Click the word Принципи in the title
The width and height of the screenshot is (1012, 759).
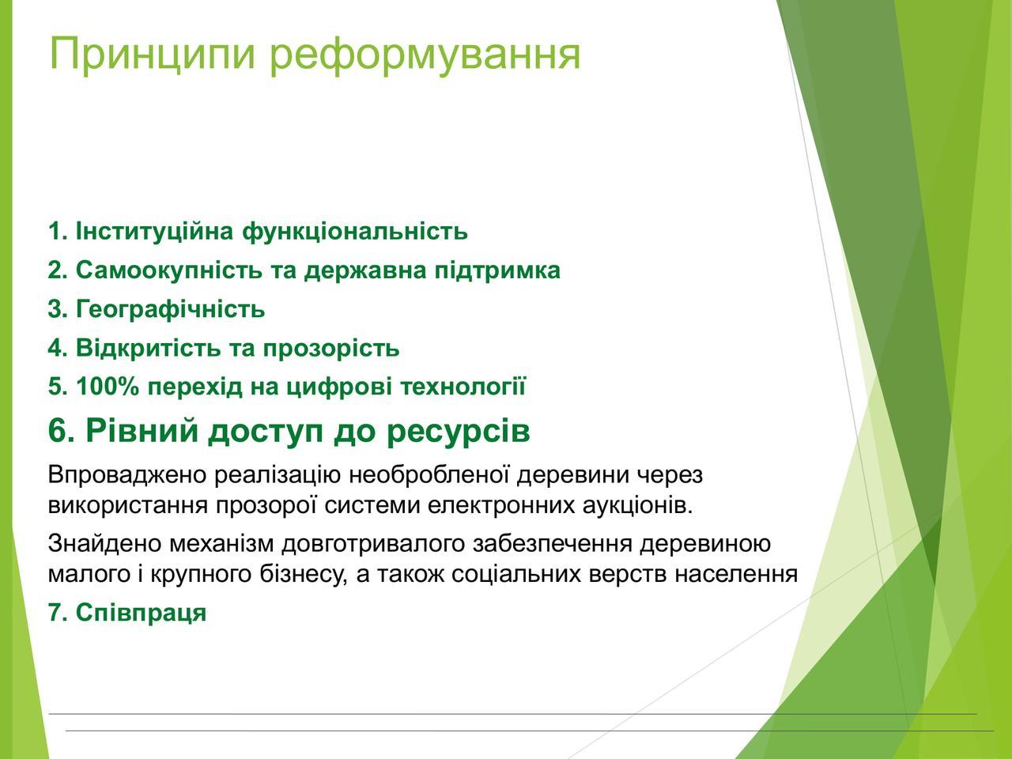pyautogui.click(x=152, y=55)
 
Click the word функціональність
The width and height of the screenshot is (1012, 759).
pyautogui.click(x=355, y=232)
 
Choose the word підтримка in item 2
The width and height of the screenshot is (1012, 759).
pyautogui.click(x=497, y=270)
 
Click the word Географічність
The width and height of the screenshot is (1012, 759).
pyautogui.click(x=171, y=309)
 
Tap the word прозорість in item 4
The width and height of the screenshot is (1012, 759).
pyautogui.click(x=331, y=348)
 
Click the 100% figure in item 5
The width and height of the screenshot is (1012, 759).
pyautogui.click(x=108, y=386)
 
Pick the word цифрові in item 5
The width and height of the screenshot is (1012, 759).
pyautogui.click(x=339, y=386)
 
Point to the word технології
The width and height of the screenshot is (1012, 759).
pyautogui.click(x=463, y=386)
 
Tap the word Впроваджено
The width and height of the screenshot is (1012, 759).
pyautogui.click(x=126, y=475)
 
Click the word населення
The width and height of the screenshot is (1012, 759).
pyautogui.click(x=736, y=574)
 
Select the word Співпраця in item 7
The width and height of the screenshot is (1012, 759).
pyautogui.click(x=141, y=613)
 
